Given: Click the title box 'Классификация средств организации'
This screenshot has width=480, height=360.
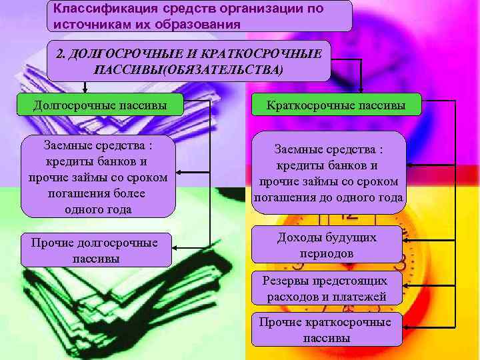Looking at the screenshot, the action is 200,16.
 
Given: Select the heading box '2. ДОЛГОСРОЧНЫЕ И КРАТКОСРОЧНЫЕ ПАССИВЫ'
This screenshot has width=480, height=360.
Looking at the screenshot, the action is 188,61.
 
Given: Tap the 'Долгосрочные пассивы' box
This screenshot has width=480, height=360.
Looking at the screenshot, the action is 100,104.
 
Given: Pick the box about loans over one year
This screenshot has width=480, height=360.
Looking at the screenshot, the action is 98,177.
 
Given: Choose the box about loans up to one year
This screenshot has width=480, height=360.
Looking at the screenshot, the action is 329,173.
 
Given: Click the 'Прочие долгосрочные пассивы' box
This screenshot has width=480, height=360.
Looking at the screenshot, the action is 95,250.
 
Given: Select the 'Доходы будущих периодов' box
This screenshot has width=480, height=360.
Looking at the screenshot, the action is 327,245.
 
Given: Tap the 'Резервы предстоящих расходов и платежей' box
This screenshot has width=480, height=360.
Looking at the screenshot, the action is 326,289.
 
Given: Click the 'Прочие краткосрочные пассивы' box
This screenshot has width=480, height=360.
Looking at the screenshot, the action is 326,329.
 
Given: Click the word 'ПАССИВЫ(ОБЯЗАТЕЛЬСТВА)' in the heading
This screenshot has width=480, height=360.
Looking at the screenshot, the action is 189,69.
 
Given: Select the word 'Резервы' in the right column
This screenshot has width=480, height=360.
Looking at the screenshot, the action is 285,281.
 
